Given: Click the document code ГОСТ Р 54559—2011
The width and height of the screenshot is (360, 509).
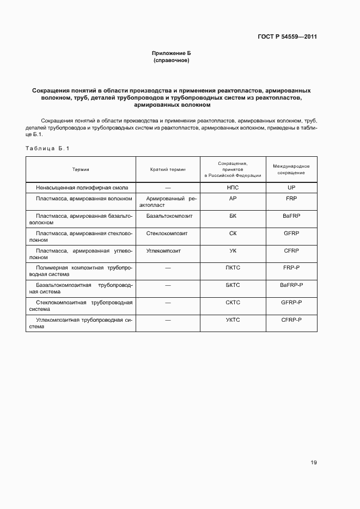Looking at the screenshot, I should [287, 37].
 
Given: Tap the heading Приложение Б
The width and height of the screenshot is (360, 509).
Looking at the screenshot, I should [172, 53].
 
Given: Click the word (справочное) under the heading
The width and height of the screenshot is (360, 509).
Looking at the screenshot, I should [172, 60].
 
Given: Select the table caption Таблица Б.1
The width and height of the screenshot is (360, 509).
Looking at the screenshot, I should [48, 149].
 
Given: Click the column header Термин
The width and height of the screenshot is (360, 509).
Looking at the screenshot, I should [80, 169].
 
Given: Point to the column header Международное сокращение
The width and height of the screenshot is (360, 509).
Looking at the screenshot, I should [291, 169].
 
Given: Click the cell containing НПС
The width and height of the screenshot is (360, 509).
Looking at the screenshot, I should [233, 187].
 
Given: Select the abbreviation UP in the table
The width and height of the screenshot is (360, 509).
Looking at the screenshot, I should [291, 187].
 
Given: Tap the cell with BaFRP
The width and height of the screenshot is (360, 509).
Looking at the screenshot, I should [291, 216].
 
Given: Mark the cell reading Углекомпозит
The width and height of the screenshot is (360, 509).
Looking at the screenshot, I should [163, 251].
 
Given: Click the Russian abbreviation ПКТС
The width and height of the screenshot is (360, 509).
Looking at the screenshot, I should [233, 268].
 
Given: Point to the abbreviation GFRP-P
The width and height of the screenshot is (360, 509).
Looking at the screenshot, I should [291, 302].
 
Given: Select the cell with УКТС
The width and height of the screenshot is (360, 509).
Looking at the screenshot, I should [233, 320].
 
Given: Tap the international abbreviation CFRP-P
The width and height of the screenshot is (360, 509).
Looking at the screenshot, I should [291, 320].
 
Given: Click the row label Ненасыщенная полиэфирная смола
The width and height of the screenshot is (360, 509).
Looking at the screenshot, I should [82, 187].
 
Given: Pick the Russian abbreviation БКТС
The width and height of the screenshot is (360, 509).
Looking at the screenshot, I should [233, 285].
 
